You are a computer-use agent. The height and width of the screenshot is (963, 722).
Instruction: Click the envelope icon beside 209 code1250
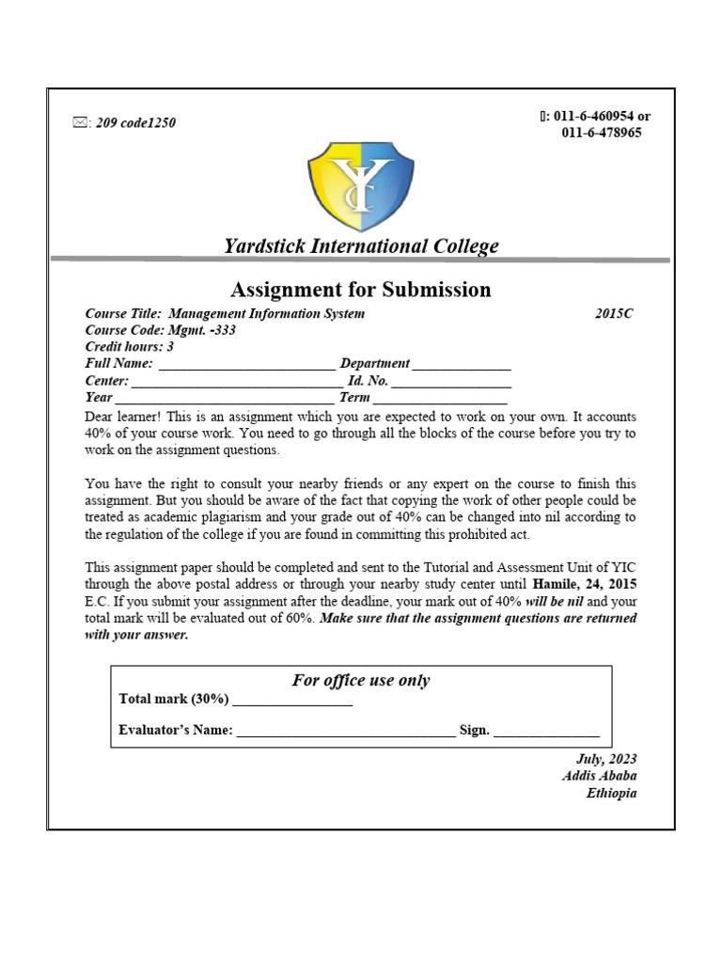(x=80, y=122)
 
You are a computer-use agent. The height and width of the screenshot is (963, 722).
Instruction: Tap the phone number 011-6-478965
(x=602, y=133)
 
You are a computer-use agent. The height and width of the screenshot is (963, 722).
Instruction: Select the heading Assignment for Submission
(x=361, y=289)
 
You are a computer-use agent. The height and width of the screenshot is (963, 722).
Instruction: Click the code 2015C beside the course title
(x=614, y=313)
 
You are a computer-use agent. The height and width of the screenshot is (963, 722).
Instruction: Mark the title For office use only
(x=361, y=680)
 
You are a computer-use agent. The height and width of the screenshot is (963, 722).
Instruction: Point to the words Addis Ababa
(x=599, y=776)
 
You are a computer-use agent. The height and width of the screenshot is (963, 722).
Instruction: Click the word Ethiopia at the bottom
(x=611, y=793)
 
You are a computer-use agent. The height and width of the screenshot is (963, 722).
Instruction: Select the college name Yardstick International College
(x=361, y=246)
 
